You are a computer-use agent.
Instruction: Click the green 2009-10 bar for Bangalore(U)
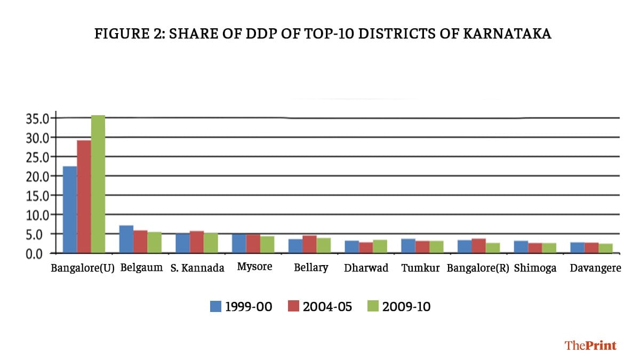click(x=98, y=184)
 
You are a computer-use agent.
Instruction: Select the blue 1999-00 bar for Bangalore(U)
click(x=70, y=209)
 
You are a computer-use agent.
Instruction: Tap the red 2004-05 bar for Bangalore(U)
click(x=84, y=196)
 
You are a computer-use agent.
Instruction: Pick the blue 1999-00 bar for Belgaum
click(x=126, y=239)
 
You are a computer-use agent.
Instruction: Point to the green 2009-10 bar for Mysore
click(x=267, y=244)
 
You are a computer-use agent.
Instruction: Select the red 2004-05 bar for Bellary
click(x=309, y=244)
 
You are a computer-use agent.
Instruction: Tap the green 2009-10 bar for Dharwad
click(x=380, y=246)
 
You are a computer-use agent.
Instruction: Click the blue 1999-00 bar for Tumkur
click(x=408, y=245)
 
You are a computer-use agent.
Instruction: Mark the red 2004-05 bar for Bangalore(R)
click(x=479, y=245)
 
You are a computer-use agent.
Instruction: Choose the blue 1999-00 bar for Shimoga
click(x=521, y=246)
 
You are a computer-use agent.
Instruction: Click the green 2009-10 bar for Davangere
click(x=605, y=248)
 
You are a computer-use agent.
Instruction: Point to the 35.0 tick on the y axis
click(x=37, y=118)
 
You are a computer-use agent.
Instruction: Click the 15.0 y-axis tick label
click(x=37, y=195)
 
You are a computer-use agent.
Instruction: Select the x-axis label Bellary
click(x=311, y=267)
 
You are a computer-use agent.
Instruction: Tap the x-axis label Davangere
click(x=595, y=268)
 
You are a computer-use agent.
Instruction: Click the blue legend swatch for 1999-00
click(x=215, y=307)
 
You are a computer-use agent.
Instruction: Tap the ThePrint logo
click(x=590, y=345)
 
